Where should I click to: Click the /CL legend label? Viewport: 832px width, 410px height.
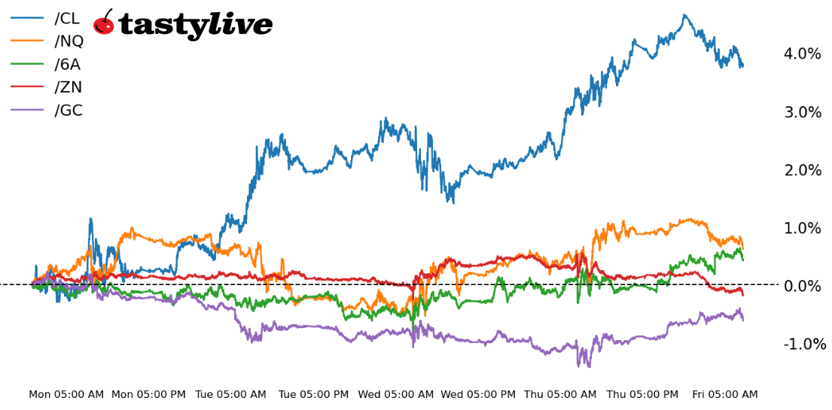point(67,19)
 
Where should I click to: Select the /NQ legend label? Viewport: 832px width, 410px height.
point(69,41)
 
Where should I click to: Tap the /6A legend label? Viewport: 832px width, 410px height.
point(67,65)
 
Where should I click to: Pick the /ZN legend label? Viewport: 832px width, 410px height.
point(68,87)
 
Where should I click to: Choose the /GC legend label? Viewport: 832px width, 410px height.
point(69,111)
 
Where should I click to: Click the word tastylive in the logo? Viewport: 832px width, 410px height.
point(195,26)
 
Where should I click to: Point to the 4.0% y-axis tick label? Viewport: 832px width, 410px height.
point(802,54)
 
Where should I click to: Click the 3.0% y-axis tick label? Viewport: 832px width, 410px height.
point(802,112)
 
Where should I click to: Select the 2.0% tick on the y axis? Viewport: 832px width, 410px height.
point(802,170)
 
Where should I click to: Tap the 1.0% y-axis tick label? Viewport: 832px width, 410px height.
point(802,228)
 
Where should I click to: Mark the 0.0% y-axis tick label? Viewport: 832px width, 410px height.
point(802,286)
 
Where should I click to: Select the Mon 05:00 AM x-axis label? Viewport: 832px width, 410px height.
point(66,394)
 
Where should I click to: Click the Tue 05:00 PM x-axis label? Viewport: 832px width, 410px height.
point(313,394)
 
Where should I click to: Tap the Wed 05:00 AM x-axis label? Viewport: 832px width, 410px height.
point(396,394)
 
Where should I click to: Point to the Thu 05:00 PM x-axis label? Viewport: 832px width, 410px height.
point(642,394)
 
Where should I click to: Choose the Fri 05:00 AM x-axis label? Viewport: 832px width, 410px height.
point(724,394)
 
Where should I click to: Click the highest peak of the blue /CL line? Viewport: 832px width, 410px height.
point(684,14)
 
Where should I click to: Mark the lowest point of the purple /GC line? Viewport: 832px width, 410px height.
point(589,366)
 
